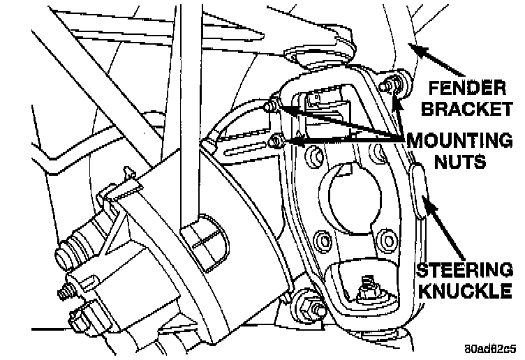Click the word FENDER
(x=466, y=89)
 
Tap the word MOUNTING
(x=459, y=140)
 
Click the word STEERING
(x=464, y=271)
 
